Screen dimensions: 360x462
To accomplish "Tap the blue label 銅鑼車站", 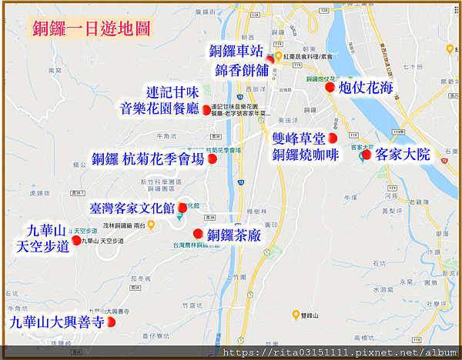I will [236, 52].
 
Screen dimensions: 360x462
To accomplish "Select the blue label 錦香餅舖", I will [236, 69].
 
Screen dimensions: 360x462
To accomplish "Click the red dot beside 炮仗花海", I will [330, 88].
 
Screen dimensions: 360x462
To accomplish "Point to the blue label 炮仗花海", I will [366, 88].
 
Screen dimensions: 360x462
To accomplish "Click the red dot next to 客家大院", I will [367, 155].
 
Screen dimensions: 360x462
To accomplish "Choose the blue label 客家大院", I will [402, 155].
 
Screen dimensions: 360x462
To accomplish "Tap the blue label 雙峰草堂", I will [300, 138].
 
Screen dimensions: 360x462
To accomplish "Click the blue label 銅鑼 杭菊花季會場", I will [148, 159].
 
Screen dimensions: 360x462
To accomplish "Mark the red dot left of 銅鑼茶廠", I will [198, 234].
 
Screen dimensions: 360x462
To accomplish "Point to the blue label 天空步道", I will [43, 246].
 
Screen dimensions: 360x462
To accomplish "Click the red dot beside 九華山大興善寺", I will [112, 322].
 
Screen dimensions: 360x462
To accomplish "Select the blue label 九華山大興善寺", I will [56, 323].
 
